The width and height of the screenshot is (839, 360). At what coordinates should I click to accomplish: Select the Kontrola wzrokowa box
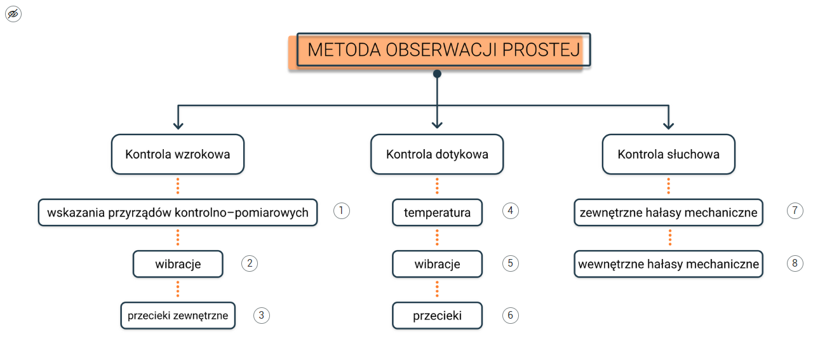[178, 154]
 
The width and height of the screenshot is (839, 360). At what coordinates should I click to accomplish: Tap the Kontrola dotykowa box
[437, 154]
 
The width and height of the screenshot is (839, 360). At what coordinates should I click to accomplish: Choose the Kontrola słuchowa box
[668, 154]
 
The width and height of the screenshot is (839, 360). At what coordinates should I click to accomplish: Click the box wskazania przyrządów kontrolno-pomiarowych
[178, 213]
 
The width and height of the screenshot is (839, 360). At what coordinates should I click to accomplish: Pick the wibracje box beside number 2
[178, 264]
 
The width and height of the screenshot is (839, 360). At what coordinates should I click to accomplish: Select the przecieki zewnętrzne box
[178, 316]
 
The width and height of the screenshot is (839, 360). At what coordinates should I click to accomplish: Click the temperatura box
[437, 213]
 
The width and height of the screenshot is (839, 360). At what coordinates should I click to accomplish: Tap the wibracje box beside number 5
[437, 264]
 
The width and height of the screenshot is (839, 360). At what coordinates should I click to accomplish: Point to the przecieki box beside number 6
[437, 316]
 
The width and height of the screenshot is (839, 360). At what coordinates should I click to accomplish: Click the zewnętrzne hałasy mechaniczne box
[668, 213]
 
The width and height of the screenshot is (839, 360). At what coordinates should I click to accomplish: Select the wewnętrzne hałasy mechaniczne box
[668, 264]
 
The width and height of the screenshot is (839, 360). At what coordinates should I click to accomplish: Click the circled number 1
[342, 211]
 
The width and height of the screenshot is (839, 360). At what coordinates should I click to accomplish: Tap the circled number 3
[261, 316]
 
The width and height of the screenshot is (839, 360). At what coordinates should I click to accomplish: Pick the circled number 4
[510, 211]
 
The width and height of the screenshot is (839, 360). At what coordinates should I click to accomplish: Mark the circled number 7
[795, 211]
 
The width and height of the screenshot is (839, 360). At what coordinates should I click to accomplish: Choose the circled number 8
[795, 263]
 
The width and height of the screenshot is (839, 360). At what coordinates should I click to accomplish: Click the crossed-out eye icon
[13, 14]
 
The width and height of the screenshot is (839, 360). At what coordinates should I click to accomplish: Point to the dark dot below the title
[437, 74]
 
